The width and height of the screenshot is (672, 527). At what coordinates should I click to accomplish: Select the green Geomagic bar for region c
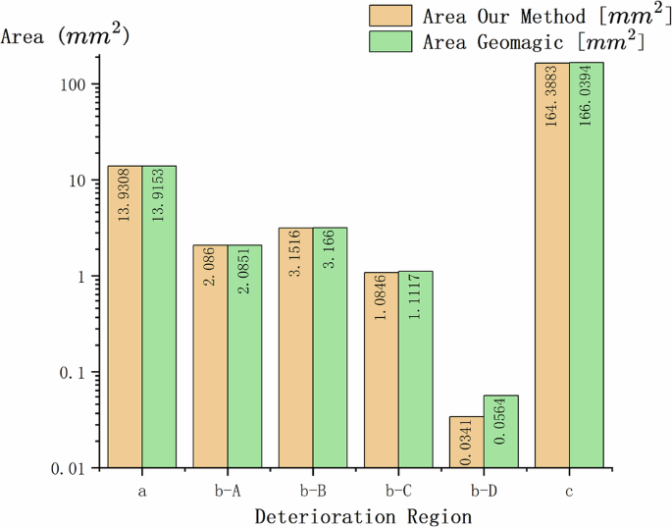587,265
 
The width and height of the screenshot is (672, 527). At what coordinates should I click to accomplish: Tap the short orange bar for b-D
467,442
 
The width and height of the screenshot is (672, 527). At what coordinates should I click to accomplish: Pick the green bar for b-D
501,432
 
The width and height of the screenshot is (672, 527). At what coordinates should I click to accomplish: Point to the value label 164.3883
552,98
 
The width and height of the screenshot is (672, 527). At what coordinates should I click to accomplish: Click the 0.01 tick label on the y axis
70,469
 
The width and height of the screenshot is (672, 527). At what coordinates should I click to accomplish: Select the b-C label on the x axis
398,489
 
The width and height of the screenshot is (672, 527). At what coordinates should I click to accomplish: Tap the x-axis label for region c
570,489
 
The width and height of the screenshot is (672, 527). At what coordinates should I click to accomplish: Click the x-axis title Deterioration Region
364,515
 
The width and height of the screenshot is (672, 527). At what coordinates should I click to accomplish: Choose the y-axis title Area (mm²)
66,37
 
